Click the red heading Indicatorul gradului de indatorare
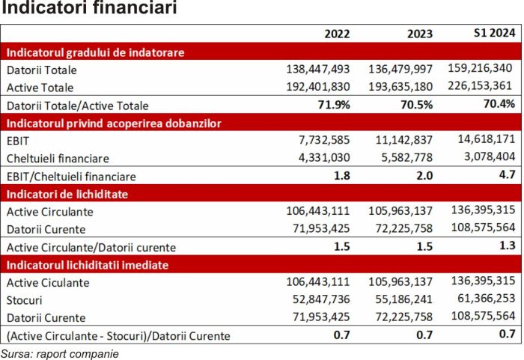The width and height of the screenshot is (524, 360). (x=95, y=52)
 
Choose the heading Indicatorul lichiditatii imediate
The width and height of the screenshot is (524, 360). (x=86, y=265)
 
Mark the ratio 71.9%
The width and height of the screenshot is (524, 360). (x=335, y=105)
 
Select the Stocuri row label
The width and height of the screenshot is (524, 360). (x=24, y=299)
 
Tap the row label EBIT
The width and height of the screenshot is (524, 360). (x=17, y=140)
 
